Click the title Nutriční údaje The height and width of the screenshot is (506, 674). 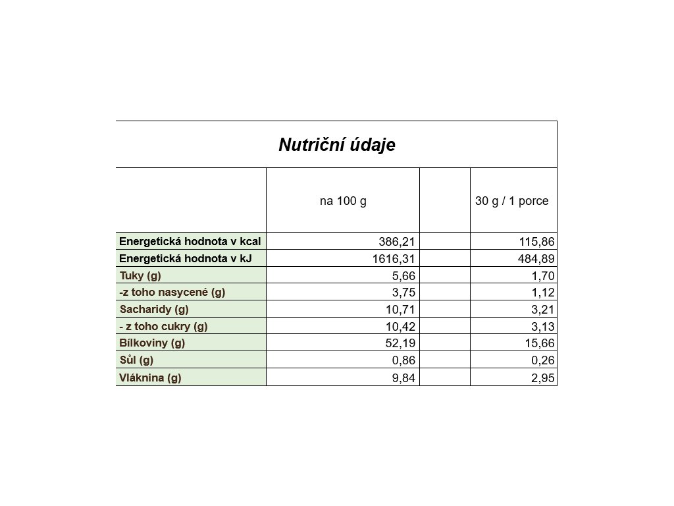coord(336,145)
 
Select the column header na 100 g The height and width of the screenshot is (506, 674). coord(343,201)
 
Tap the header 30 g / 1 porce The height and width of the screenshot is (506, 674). coord(511,201)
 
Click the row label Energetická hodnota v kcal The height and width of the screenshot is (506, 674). coord(190,241)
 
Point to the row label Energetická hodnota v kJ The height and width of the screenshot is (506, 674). coord(186,258)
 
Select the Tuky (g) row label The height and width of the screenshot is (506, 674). coord(140,275)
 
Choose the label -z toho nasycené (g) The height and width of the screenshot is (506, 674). coord(172,292)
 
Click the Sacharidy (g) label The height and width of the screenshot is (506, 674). coord(154,309)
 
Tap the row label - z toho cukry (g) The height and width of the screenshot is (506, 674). coord(163,326)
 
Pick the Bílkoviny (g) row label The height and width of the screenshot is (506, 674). coord(152,343)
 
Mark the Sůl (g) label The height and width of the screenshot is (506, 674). coord(136,360)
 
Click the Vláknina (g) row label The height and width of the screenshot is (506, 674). coord(150,378)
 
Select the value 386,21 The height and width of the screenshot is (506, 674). coord(397,242)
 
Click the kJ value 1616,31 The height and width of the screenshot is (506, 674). coord(394,259)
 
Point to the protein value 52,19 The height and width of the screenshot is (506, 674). coord(400,343)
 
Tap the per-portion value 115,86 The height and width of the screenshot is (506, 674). coord(536,242)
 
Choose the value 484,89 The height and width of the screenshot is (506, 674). coord(536,259)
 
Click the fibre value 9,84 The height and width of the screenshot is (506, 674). coord(403,378)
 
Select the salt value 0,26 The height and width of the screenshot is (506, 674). coord(542,360)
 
